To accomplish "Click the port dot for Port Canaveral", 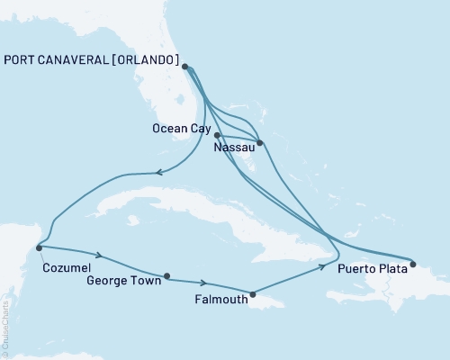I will pyautogui.click(x=184, y=67).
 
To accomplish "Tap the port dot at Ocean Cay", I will pyautogui.click(x=218, y=136).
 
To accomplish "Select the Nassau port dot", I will pyautogui.click(x=260, y=143).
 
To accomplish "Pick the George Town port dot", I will pyautogui.click(x=167, y=276).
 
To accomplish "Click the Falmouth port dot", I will pyautogui.click(x=253, y=293).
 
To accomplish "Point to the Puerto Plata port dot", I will pyautogui.click(x=413, y=265).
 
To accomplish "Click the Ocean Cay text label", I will pyautogui.click(x=179, y=130).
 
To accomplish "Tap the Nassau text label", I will pyautogui.click(x=233, y=146).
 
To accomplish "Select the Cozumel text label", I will pyautogui.click(x=66, y=266).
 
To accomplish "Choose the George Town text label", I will pyautogui.click(x=123, y=280).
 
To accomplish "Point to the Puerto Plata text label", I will pyautogui.click(x=372, y=268).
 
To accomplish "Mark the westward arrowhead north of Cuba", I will pyautogui.click(x=158, y=173).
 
